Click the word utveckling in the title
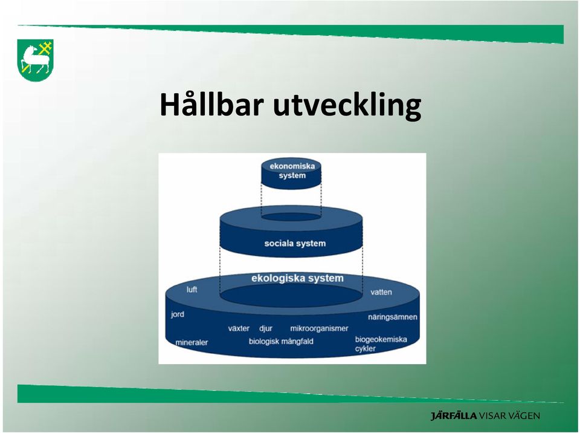point(347,106)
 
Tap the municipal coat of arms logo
point(36,60)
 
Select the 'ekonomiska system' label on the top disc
point(292,171)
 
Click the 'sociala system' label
point(295,243)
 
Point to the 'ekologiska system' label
point(297,278)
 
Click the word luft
point(192,289)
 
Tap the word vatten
point(381,292)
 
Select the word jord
point(178,314)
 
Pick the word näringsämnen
point(393,317)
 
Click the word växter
point(239,328)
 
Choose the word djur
point(266,328)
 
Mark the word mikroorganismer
point(319,328)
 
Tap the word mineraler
point(192,343)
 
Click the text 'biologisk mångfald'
point(281,341)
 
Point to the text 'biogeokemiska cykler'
point(381,343)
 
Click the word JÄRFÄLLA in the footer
point(454,415)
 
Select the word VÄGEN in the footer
point(524,415)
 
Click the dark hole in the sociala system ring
point(291,217)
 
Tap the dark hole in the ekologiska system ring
point(291,295)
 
